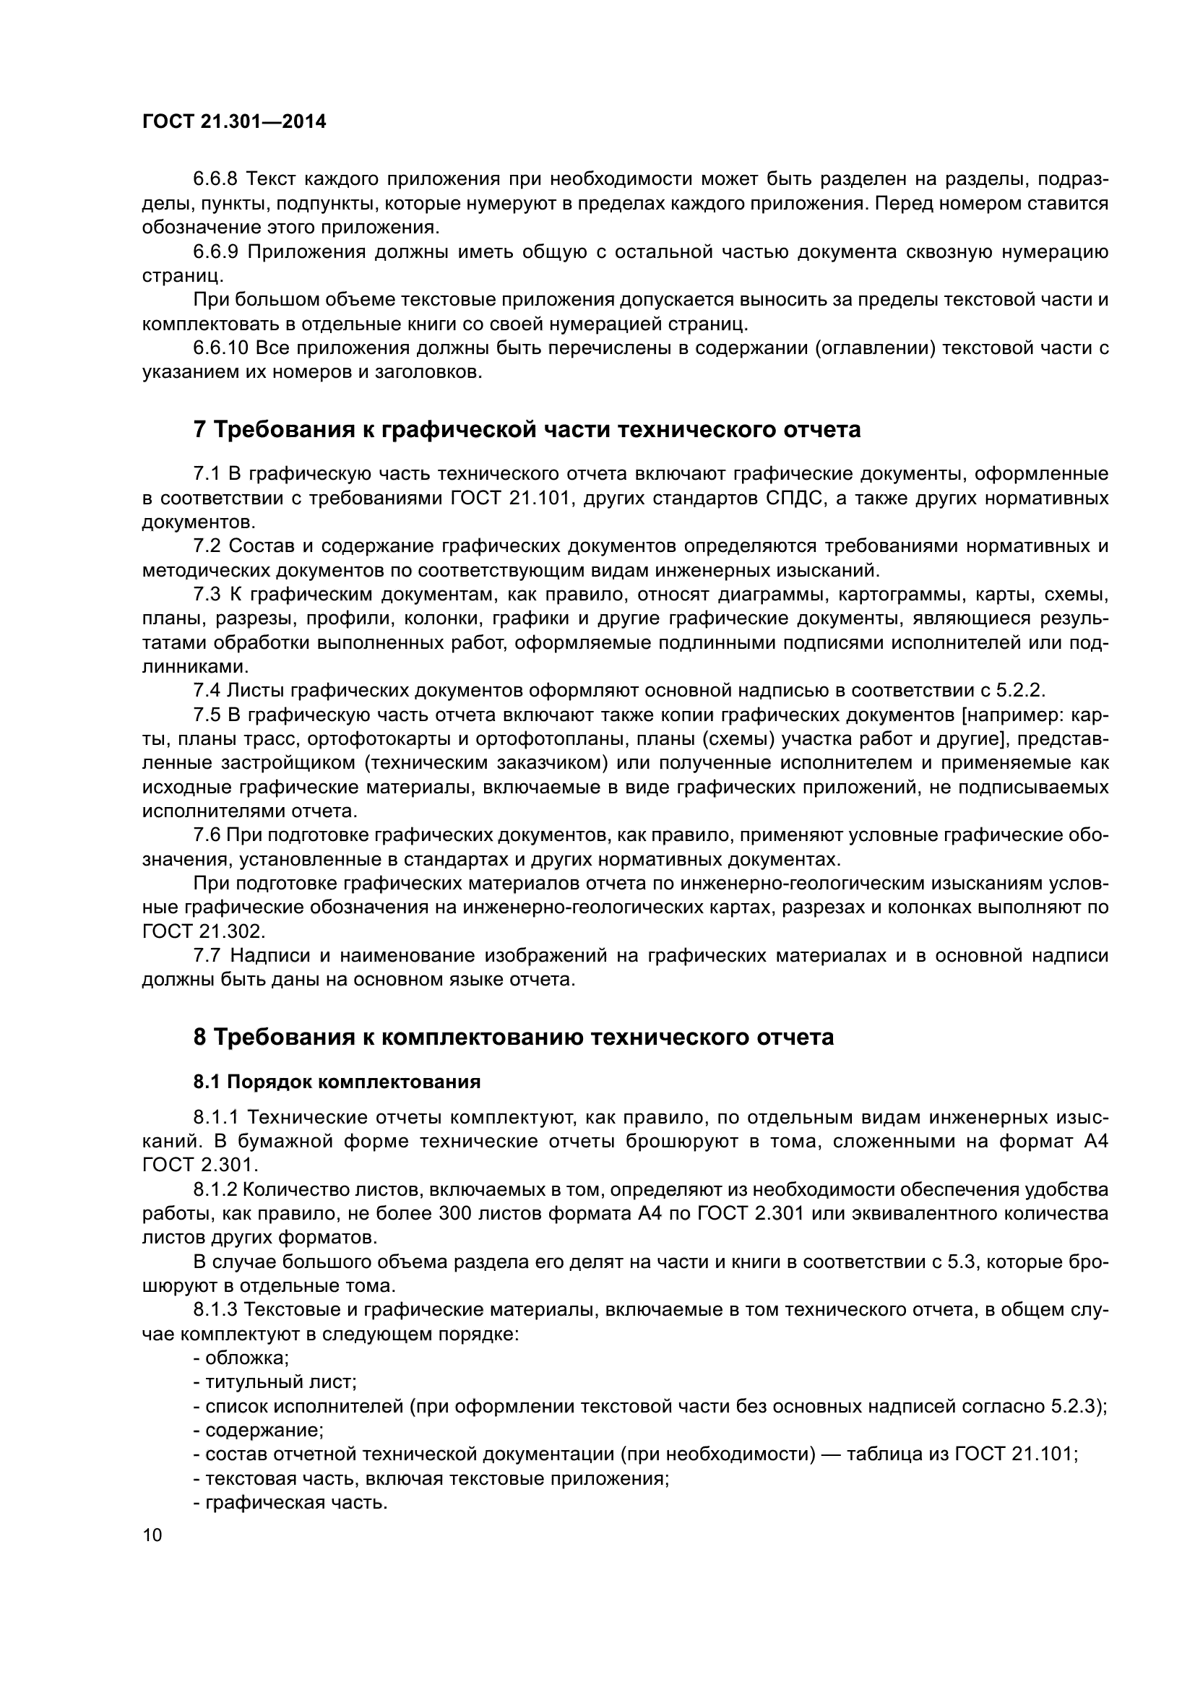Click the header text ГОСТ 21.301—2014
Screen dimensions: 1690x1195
233,122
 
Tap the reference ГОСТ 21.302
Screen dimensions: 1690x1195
202,931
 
